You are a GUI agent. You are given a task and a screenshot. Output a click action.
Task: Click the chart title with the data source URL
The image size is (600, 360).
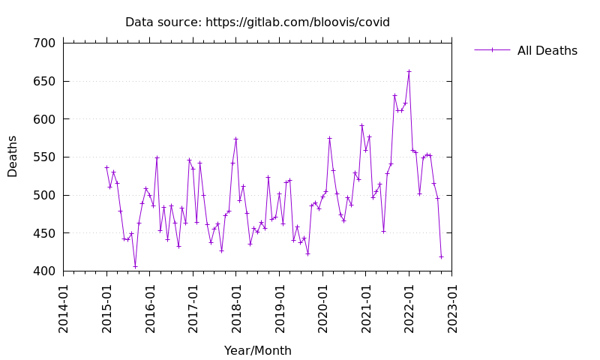pos(257,22)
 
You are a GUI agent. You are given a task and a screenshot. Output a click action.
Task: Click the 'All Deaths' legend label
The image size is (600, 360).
pos(547,50)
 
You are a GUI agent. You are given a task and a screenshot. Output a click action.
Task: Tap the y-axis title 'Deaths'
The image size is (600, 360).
pos(13,156)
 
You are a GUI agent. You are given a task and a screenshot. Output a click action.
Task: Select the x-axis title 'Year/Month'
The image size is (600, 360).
pos(257,350)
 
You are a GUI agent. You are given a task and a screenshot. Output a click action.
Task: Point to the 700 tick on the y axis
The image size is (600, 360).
pos(44,43)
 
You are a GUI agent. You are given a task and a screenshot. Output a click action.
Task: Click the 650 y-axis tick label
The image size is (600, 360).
pos(44,81)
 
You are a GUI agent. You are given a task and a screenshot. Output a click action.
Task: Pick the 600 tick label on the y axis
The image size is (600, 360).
pos(44,119)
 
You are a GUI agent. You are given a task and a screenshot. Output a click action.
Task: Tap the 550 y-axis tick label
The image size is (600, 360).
pos(44,157)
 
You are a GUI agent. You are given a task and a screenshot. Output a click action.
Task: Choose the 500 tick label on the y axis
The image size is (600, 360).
pos(44,195)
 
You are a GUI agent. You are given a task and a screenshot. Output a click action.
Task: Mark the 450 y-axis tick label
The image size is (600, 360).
pos(44,233)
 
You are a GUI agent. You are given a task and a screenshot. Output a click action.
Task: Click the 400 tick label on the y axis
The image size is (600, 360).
pos(44,271)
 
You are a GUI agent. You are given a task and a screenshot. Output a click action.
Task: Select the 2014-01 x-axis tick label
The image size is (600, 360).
pos(64,304)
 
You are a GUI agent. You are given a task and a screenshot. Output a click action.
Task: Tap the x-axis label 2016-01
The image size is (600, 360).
pos(150,304)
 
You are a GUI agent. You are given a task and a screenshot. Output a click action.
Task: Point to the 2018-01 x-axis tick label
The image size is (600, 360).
pos(236,304)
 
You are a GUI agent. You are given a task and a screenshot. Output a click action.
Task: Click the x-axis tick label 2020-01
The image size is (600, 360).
pos(322,304)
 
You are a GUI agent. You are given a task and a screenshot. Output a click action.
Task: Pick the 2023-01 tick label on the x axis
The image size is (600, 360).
pos(452,304)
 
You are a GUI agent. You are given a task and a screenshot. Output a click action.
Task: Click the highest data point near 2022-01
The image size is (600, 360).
pos(409,71)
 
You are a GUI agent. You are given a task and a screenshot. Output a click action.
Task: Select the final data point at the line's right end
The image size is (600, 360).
pos(441,256)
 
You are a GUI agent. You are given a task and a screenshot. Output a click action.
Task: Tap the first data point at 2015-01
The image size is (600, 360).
pos(106,167)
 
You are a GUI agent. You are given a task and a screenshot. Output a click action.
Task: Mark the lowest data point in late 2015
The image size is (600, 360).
pos(135,266)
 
